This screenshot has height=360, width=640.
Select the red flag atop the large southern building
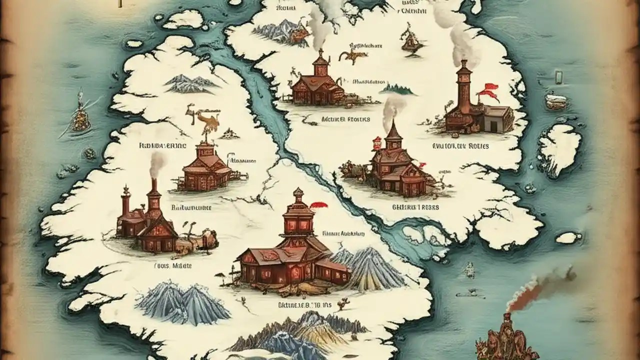[318, 204]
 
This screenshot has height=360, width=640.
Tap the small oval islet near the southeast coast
[568, 237]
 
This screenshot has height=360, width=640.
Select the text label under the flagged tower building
[460, 146]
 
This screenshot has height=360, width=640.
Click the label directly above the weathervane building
[162, 146]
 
